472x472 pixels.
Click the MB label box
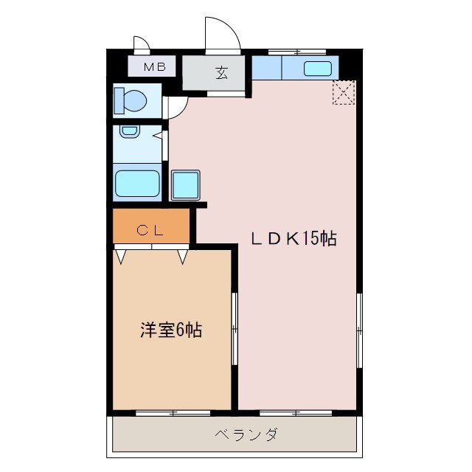[153, 67]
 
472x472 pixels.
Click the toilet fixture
[130, 100]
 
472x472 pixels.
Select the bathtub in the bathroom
[137, 183]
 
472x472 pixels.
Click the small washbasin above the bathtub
[130, 131]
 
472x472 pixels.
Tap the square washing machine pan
[185, 185]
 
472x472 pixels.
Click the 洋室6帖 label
[170, 331]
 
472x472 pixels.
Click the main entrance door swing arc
[224, 33]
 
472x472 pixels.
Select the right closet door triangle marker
[182, 257]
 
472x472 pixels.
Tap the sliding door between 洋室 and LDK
[235, 328]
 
